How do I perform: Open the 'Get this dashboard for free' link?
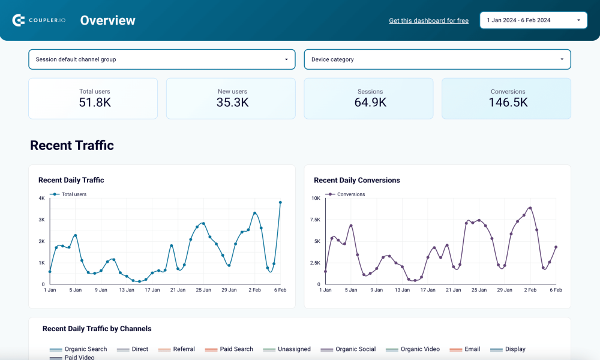[x=428, y=20]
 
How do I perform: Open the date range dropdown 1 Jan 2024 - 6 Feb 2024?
[x=533, y=20]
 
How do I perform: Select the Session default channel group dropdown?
[x=161, y=59]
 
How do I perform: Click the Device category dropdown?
[x=437, y=59]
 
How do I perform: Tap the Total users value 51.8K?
[x=95, y=103]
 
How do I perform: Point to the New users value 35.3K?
[x=232, y=103]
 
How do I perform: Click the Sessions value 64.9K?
[x=370, y=103]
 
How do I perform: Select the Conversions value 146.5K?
[x=508, y=103]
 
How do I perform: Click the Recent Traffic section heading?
[x=72, y=145]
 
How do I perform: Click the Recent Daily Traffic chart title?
[x=71, y=180]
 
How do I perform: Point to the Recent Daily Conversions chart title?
[x=356, y=180]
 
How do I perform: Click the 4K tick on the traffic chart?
[x=42, y=198]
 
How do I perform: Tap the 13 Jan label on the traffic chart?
[x=127, y=290]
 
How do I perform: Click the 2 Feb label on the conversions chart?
[x=530, y=290]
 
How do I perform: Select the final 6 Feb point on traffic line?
[x=280, y=203]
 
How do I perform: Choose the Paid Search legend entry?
[x=236, y=349]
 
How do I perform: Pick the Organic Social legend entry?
[x=355, y=349]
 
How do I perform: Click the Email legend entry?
[x=472, y=349]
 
